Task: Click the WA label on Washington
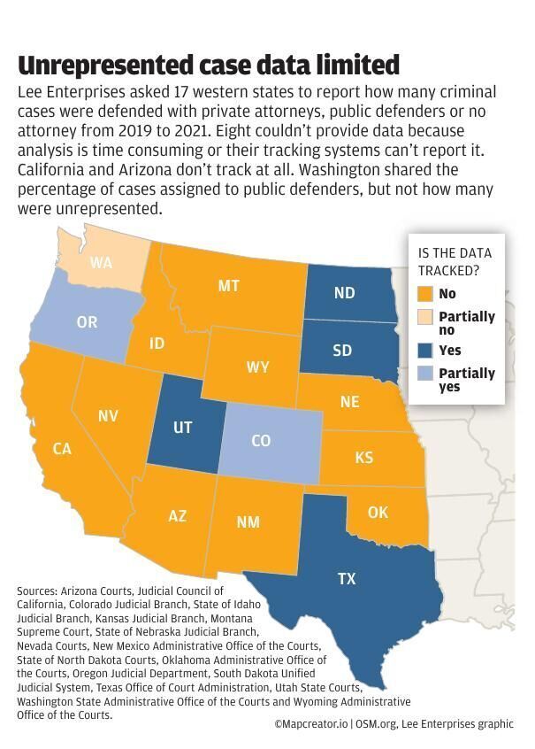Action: click(101, 263)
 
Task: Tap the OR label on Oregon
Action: click(87, 322)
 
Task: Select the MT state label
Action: click(229, 285)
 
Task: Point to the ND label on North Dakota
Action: click(345, 293)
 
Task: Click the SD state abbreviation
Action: click(342, 350)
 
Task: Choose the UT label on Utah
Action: click(183, 427)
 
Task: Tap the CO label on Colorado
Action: click(261, 440)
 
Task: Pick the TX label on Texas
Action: click(347, 579)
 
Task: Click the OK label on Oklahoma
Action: click(378, 513)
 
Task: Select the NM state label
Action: click(248, 521)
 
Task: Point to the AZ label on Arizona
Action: click(177, 515)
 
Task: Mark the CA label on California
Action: click(62, 449)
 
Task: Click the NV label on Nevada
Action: click(109, 415)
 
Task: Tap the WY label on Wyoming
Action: click(258, 367)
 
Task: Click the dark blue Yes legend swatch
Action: click(424, 351)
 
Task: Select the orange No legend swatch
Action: click(424, 294)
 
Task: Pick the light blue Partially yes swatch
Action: click(424, 374)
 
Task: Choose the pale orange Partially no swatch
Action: click(424, 317)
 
